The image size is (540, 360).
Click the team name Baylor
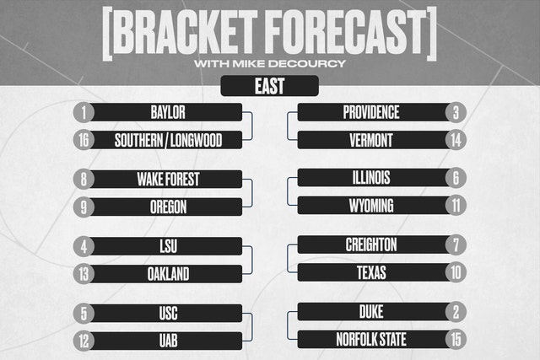point(168,112)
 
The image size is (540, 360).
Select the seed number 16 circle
point(84,140)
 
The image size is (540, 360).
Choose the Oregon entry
point(168,207)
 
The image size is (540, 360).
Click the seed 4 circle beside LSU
point(84,246)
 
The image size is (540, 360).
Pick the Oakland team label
point(168,274)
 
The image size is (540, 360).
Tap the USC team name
point(168,313)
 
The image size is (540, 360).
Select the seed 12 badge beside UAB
point(84,341)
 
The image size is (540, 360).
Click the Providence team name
point(371,112)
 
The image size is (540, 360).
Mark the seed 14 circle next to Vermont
point(456,140)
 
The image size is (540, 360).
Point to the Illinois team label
point(371,178)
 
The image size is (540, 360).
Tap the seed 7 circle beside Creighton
point(456,244)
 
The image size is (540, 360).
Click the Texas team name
point(371,272)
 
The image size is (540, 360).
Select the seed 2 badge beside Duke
point(456,312)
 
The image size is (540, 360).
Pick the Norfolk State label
point(371,340)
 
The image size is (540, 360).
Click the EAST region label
point(270,86)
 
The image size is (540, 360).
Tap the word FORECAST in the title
point(346,32)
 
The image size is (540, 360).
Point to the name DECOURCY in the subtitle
point(307,64)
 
